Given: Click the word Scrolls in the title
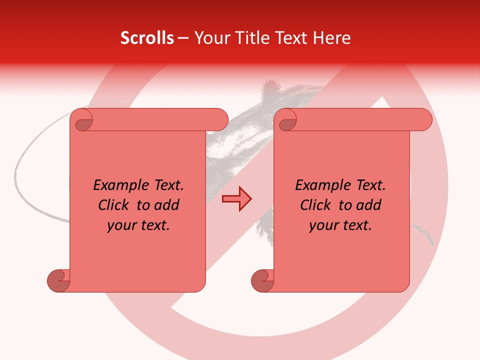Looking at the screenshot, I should [147, 38].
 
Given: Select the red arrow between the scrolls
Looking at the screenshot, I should [236, 199].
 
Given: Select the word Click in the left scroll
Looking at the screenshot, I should [114, 205].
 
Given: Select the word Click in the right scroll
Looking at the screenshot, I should [316, 205].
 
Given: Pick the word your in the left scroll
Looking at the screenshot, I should [120, 226].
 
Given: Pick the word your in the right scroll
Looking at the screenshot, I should [322, 226].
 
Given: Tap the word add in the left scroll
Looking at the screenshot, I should [167, 205].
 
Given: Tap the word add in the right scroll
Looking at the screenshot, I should [369, 205].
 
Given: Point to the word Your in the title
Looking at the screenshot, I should [209, 38].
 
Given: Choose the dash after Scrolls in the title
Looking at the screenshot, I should [183, 38].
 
